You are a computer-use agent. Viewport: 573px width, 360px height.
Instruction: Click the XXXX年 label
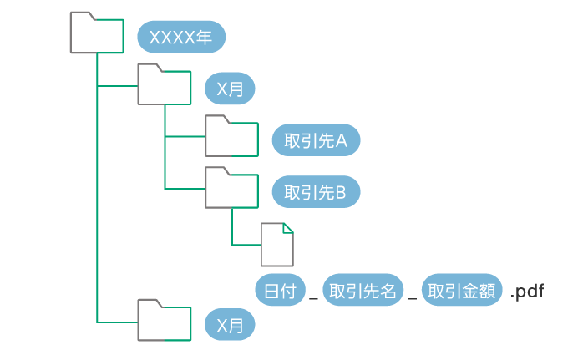(x=181, y=38)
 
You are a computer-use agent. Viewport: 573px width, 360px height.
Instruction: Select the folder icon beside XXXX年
(x=97, y=34)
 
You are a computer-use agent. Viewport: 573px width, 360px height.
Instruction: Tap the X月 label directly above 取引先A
(x=230, y=89)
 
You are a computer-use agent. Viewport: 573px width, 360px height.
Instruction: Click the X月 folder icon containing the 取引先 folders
(x=165, y=85)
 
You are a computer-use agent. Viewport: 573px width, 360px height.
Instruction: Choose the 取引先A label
(x=316, y=141)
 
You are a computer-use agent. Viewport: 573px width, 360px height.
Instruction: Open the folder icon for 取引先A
(x=232, y=137)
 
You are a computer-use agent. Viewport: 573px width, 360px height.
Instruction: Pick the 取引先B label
(x=316, y=193)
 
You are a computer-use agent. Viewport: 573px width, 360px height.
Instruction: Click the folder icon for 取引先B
(x=232, y=189)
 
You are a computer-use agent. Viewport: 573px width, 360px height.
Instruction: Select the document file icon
(x=277, y=245)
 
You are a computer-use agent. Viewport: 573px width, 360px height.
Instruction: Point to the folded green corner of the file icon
(x=288, y=228)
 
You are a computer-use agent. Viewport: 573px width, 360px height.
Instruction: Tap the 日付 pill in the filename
(x=281, y=291)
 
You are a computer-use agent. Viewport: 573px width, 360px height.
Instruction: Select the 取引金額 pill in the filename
(x=463, y=291)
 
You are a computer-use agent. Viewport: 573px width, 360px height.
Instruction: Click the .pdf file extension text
(x=528, y=292)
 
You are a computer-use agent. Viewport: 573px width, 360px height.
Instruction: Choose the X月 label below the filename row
(x=230, y=324)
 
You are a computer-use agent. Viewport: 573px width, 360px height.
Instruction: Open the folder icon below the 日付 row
(x=165, y=321)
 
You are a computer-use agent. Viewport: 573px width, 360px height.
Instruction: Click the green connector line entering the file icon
(x=246, y=245)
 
